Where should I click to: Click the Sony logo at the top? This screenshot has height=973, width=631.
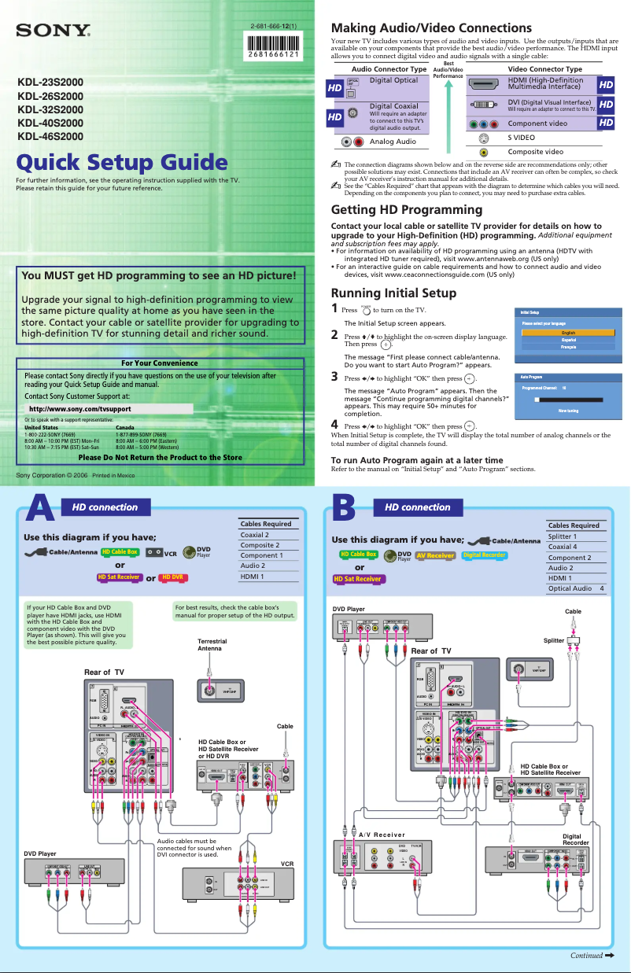tap(54, 31)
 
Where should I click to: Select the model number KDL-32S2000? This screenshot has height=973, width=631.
tap(50, 109)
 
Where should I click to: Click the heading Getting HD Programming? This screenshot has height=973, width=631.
tap(407, 209)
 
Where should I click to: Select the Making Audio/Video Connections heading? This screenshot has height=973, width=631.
tap(431, 28)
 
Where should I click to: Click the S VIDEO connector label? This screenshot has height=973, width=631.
tap(521, 138)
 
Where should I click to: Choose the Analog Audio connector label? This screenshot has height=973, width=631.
tap(393, 142)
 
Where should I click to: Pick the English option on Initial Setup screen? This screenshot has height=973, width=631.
tap(567, 333)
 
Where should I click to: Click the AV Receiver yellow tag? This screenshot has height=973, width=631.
tap(435, 555)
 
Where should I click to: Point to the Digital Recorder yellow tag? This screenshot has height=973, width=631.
tap(484, 555)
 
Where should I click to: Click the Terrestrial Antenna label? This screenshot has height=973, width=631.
tap(212, 645)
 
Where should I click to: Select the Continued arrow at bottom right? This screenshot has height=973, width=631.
tap(592, 956)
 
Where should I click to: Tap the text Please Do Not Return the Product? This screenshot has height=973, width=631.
tap(160, 457)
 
